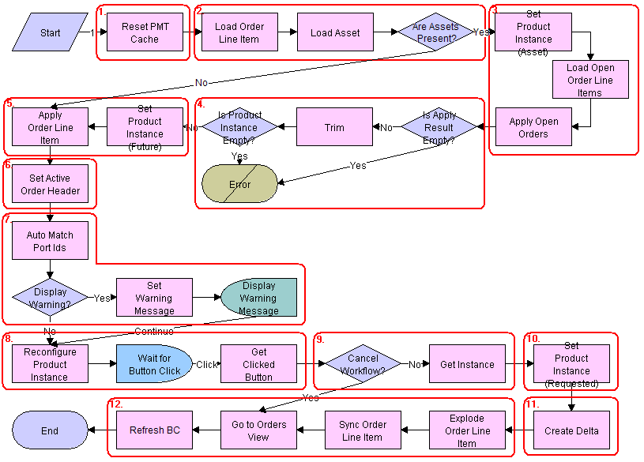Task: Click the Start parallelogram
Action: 50,33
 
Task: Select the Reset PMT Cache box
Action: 145,33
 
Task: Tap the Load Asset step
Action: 335,33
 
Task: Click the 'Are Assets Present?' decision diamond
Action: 435,33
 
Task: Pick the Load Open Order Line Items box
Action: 590,80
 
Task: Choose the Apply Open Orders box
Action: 533,128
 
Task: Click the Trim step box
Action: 334,127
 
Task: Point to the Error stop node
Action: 239,184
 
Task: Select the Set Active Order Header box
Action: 50,184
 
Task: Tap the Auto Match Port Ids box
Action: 50,241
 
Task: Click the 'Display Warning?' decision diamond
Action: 50,298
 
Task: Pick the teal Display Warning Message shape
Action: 258,298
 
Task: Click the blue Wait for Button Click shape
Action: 154,364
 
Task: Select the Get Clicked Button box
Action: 258,364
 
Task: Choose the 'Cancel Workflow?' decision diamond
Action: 363,364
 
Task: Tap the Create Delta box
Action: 571,430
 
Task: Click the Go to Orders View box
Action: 258,430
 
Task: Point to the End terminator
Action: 50,430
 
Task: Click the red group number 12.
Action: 115,404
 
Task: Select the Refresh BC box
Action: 154,430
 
